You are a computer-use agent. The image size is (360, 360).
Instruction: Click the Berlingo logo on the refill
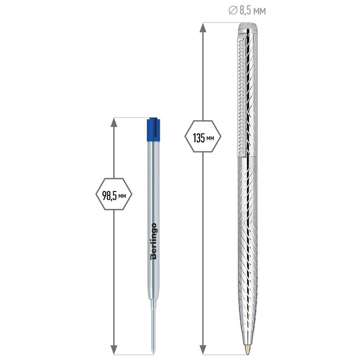pyautogui.click(x=153, y=241)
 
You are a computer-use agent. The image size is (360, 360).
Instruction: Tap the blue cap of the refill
pyautogui.click(x=153, y=130)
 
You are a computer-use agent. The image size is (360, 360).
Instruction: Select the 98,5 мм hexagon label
pyautogui.click(x=114, y=194)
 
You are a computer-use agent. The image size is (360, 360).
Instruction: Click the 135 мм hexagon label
pyautogui.click(x=203, y=136)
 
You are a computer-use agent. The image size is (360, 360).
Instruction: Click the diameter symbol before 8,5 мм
pyautogui.click(x=233, y=10)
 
